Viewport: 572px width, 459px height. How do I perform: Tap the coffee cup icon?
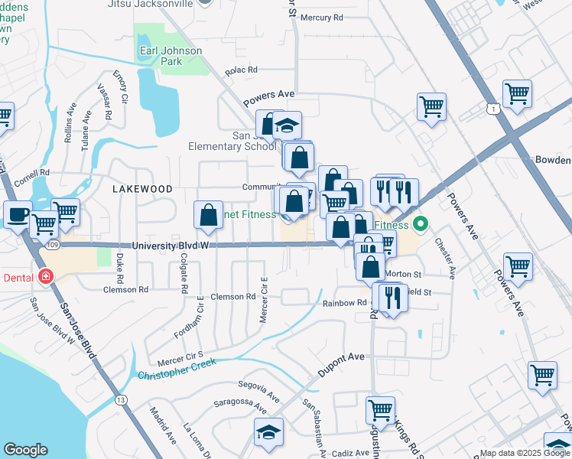click(18, 215)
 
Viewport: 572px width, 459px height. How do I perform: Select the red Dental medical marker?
click(46, 276)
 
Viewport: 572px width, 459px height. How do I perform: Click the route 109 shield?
click(50, 244)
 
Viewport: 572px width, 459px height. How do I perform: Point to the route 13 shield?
click(121, 399)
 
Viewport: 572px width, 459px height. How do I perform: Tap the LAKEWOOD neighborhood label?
click(141, 188)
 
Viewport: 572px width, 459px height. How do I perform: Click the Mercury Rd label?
click(321, 17)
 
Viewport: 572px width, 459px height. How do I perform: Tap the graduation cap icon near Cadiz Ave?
click(268, 432)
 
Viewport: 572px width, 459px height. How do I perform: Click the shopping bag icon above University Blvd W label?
click(209, 216)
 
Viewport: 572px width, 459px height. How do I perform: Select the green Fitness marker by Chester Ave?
click(419, 225)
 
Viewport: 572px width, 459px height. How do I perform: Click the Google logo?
click(25, 450)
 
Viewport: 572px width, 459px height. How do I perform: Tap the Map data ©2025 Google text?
click(524, 453)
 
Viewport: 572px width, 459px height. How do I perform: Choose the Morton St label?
click(403, 274)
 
